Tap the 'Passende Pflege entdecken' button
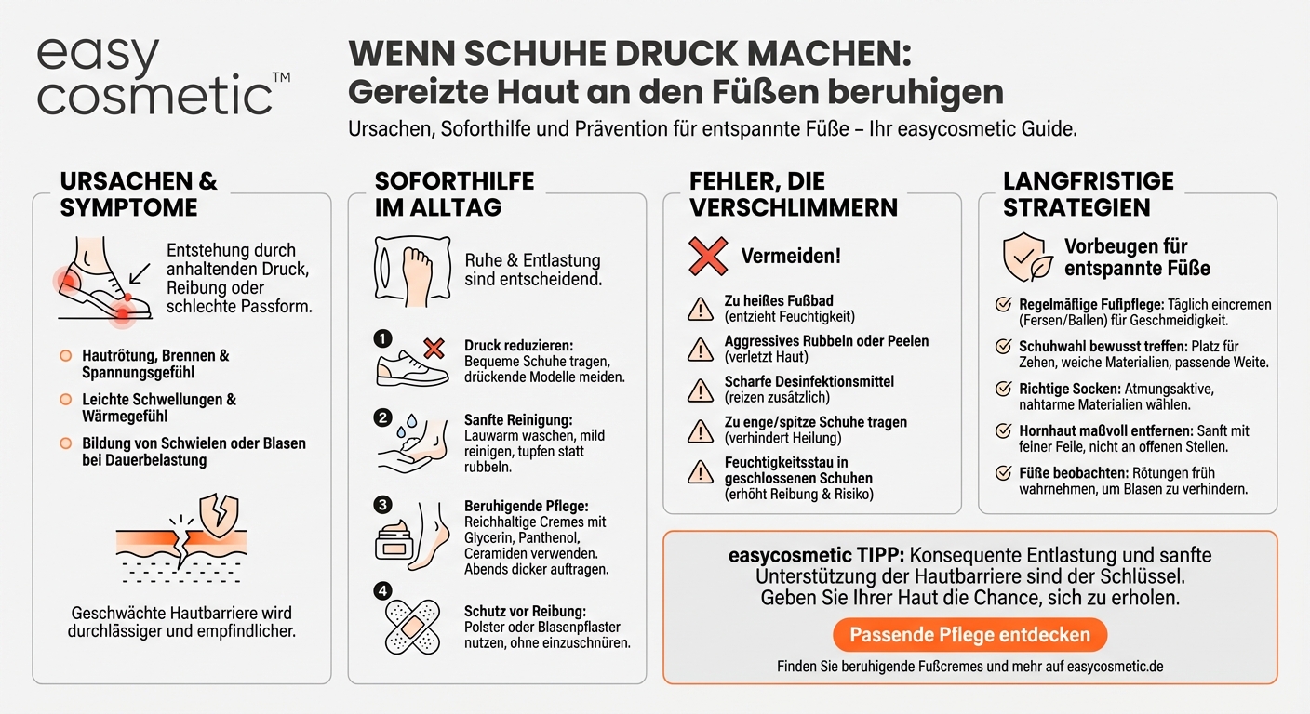[x=969, y=635]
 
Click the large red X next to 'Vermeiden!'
[x=707, y=256]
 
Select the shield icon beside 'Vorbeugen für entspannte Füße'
[x=1027, y=256]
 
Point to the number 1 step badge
[x=383, y=337]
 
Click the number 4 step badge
[x=383, y=589]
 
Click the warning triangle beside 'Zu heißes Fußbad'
[x=700, y=308]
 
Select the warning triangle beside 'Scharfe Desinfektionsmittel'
[x=700, y=389]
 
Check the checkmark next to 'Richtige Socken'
[x=1003, y=389]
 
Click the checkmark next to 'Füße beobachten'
[x=1003, y=473]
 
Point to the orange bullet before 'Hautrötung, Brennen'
[x=65, y=356]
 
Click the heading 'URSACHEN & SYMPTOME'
[x=139, y=193]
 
